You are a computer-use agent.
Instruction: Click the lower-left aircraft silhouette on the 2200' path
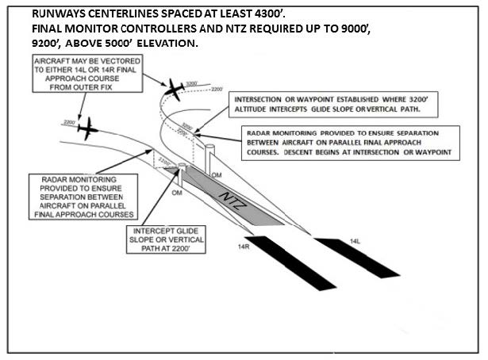pos(88,127)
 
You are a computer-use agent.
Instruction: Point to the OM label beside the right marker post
pos(217,173)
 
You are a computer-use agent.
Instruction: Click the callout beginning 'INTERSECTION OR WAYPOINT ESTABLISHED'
pos(331,105)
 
